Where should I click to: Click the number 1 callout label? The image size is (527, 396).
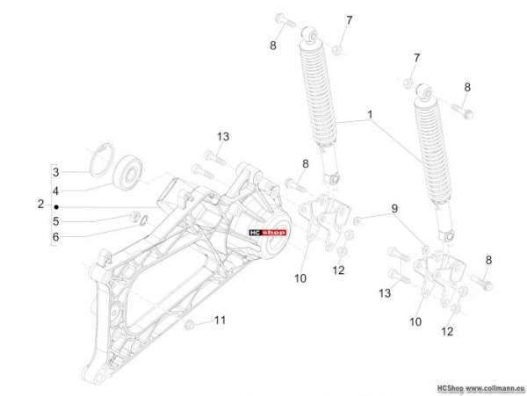(x=370, y=115)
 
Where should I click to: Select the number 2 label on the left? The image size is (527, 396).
(x=40, y=204)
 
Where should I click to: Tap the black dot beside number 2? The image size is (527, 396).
(x=56, y=207)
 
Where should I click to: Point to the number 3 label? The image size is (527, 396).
(x=56, y=172)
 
